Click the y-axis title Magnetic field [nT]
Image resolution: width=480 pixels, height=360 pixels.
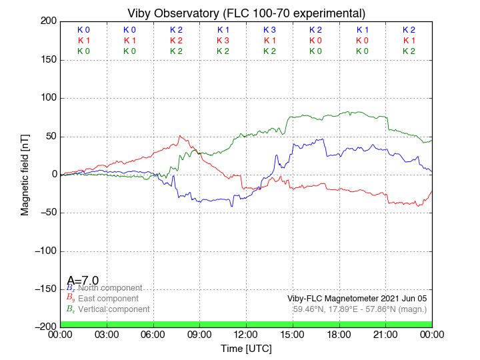(25, 173)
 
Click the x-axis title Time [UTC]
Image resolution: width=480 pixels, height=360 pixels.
(246, 348)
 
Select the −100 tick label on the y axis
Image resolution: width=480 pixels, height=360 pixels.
(43, 251)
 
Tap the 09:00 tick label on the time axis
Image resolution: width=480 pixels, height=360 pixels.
(200, 334)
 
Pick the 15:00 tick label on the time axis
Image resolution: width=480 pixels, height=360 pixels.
(293, 334)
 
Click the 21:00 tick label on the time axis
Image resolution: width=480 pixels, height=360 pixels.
(385, 334)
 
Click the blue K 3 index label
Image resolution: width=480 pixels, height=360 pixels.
(269, 30)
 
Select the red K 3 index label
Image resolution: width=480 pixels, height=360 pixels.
(223, 41)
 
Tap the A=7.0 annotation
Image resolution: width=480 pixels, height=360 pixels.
(83, 280)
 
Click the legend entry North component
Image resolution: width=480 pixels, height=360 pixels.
(109, 288)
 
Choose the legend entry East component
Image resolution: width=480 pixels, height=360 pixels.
(107, 299)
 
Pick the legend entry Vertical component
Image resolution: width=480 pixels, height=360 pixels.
(113, 309)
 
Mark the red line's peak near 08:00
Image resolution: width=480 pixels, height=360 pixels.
(180, 136)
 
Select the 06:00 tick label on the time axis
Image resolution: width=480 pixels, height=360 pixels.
(153, 334)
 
